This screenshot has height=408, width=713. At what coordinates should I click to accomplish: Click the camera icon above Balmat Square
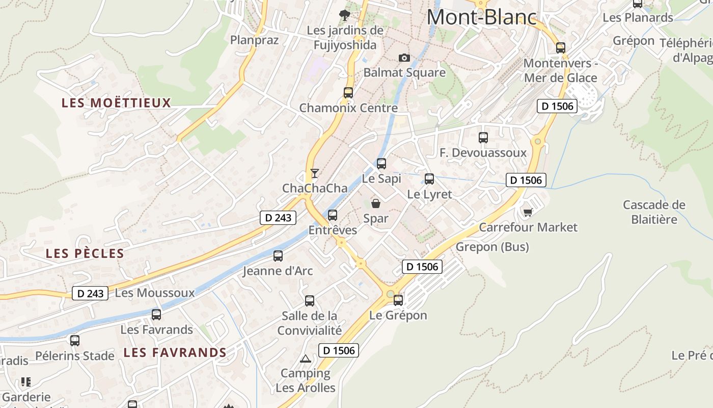pos(404,58)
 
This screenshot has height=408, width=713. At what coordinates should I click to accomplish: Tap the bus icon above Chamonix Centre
pos(348,93)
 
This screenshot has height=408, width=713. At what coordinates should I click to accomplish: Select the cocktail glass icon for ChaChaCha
pos(315,173)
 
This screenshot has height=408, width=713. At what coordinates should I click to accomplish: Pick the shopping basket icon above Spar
pos(376,203)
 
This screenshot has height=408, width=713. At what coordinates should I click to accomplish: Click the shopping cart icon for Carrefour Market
pos(528,212)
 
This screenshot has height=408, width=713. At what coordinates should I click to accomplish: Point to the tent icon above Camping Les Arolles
pos(305,359)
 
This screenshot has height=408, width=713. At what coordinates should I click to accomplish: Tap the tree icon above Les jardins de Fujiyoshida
pos(345,15)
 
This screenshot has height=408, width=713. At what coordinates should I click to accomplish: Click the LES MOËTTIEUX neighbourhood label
pos(116,103)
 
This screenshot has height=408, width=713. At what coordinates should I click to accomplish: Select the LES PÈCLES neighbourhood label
pos(85,253)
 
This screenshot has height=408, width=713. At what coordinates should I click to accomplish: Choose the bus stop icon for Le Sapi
pos(381,164)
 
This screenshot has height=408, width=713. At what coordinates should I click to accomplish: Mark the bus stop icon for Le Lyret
pos(429,179)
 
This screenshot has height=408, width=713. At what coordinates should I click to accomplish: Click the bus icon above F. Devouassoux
pos(483,138)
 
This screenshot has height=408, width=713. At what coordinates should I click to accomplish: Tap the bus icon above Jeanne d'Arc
pos(278,256)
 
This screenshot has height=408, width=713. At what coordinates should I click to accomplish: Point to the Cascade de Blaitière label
pos(654,212)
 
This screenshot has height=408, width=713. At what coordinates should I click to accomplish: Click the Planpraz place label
pos(255,40)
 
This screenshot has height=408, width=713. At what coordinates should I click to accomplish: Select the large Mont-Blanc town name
pos(482,17)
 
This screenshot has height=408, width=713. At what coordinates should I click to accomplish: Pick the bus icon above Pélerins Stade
pos(75,341)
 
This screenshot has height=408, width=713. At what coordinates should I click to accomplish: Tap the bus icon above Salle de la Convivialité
pos(310,301)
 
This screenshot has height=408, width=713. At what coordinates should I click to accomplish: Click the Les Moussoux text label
pos(155,293)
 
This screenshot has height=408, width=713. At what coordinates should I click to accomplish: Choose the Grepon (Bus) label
pos(492,247)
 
